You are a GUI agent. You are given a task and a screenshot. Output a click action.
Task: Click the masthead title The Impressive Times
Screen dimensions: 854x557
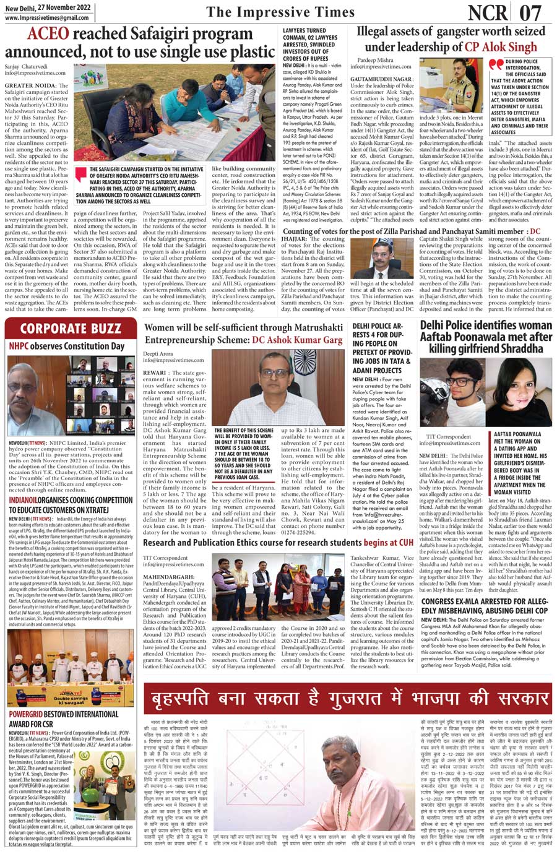pyautogui.click(x=280, y=12)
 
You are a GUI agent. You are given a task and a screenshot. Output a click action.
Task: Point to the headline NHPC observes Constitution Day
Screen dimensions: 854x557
pyautogui.click(x=67, y=347)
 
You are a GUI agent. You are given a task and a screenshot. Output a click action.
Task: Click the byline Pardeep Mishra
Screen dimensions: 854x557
pyautogui.click(x=374, y=60)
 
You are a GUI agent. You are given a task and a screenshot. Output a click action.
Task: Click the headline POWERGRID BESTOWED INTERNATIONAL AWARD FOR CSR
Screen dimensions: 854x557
pyautogui.click(x=64, y=718)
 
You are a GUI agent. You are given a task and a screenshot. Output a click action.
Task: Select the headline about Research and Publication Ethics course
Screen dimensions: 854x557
pyautogui.click(x=278, y=542)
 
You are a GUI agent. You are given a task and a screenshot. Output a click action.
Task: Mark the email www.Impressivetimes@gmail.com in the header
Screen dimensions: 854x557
pyautogui.click(x=46, y=18)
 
